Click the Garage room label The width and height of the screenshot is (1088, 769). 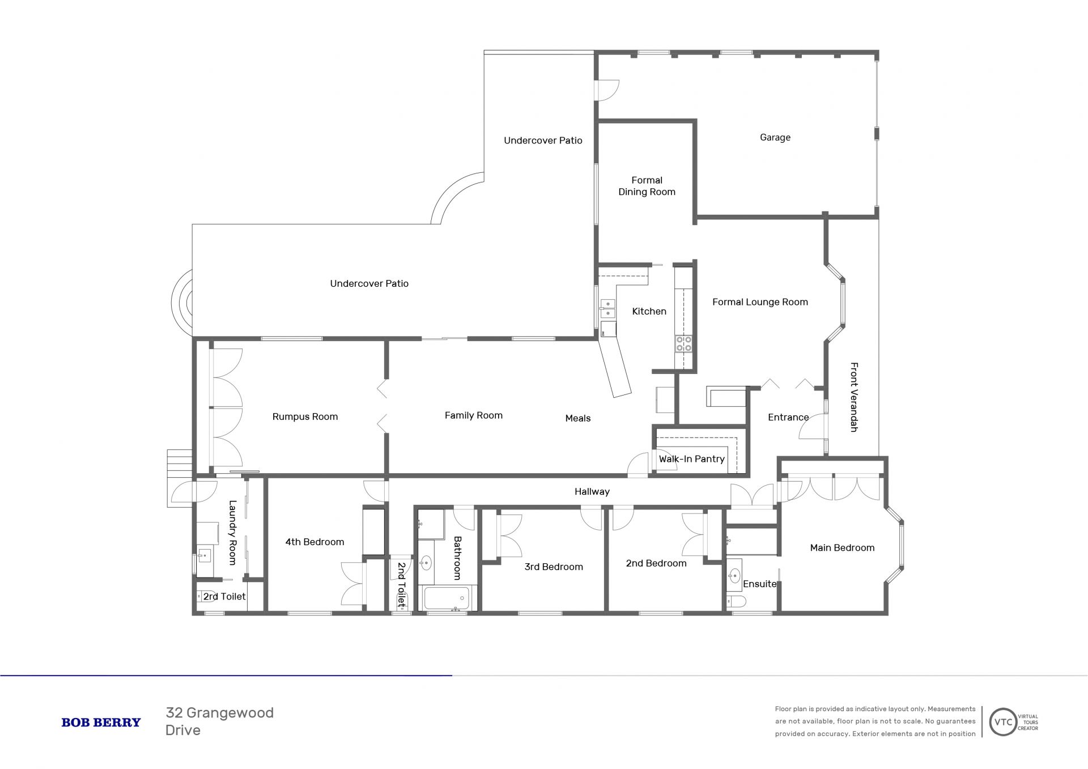pyautogui.click(x=775, y=138)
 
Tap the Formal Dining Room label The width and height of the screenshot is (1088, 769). pyautogui.click(x=647, y=186)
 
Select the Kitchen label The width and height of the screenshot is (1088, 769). pyautogui.click(x=649, y=311)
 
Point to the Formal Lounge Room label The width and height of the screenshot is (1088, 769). pyautogui.click(x=760, y=302)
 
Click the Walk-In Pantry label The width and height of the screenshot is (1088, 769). pyautogui.click(x=691, y=459)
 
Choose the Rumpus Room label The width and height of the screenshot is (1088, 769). pyautogui.click(x=305, y=417)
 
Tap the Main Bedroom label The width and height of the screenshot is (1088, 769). pyautogui.click(x=842, y=547)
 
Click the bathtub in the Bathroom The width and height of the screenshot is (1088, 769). pyautogui.click(x=447, y=598)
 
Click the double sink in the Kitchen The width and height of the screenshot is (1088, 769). pyautogui.click(x=607, y=309)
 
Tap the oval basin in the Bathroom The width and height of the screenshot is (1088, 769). pyautogui.click(x=426, y=563)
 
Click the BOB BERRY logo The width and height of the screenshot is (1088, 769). pyautogui.click(x=101, y=723)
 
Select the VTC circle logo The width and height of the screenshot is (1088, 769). pyautogui.click(x=1003, y=723)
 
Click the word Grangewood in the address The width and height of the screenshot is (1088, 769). pyautogui.click(x=230, y=713)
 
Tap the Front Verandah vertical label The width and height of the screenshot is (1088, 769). pyautogui.click(x=854, y=397)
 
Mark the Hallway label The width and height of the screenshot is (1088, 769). pyautogui.click(x=592, y=491)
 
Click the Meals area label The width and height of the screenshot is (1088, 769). pyautogui.click(x=578, y=418)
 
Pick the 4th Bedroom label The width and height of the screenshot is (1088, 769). pyautogui.click(x=314, y=542)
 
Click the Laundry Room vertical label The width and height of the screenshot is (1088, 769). pyautogui.click(x=232, y=532)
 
